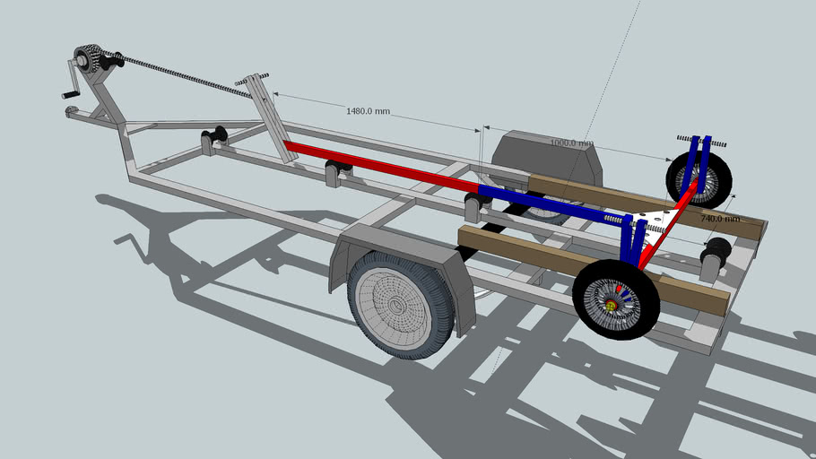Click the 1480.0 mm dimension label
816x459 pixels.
pyautogui.click(x=369, y=111)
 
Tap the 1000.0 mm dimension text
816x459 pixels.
pyautogui.click(x=571, y=143)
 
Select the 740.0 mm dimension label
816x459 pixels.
pyautogui.click(x=720, y=218)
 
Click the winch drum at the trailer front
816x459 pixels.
pyautogui.click(x=88, y=58)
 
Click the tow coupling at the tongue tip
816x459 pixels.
pyautogui.click(x=72, y=112)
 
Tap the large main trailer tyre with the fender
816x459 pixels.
pyautogui.click(x=401, y=303)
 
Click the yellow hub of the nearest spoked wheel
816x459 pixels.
pyautogui.click(x=612, y=307)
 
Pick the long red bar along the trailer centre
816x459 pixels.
pyautogui.click(x=381, y=166)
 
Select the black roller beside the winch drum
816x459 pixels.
pyautogui.click(x=113, y=61)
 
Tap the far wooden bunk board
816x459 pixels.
pyautogui.click(x=646, y=204)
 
